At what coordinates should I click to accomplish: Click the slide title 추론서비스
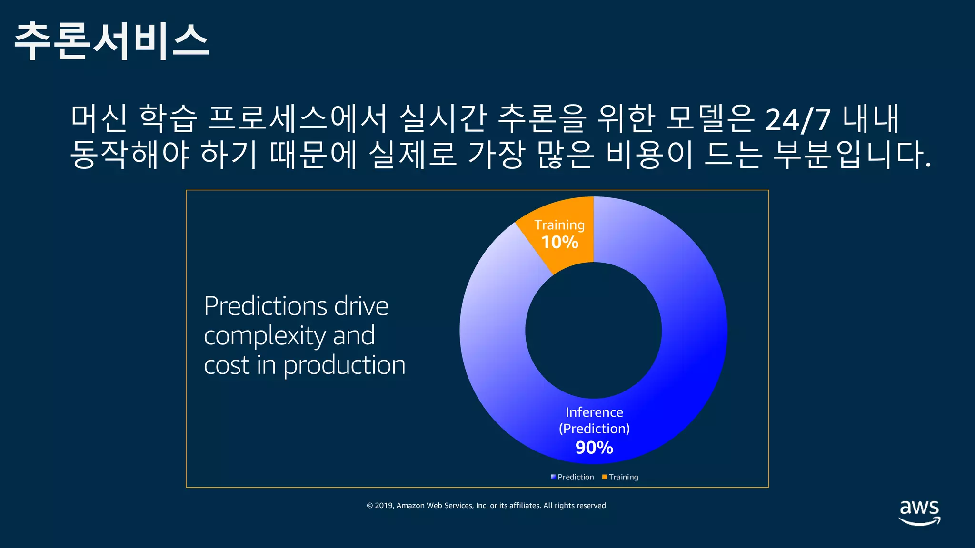[111, 41]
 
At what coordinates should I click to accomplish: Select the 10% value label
[560, 242]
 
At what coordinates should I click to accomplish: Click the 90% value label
[594, 448]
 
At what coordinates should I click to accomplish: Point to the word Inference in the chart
[594, 412]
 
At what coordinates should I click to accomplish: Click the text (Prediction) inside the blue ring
[594, 429]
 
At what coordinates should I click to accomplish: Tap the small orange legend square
[605, 477]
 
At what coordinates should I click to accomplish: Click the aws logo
[919, 512]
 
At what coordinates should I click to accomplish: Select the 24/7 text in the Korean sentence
[798, 119]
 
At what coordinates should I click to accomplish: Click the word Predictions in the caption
[265, 306]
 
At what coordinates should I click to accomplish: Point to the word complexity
[265, 336]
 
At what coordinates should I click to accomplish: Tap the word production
[344, 365]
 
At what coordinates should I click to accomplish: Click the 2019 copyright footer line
[487, 505]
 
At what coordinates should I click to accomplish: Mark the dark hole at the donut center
[593, 330]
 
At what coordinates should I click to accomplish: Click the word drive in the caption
[361, 306]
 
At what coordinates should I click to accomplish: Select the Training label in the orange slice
[559, 225]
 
